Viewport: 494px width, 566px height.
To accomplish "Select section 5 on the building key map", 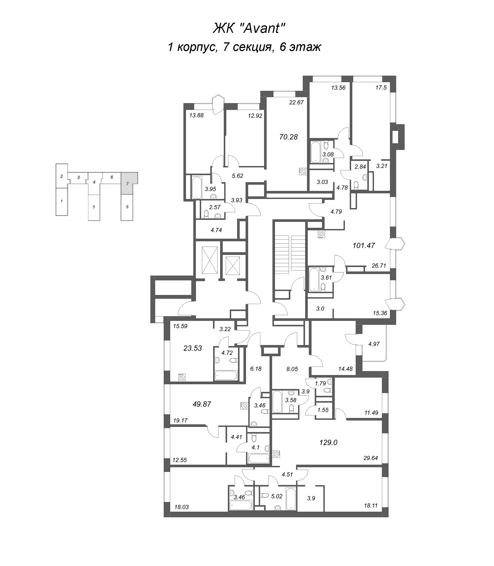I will (x=94, y=207).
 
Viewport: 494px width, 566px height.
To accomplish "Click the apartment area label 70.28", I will (x=288, y=137).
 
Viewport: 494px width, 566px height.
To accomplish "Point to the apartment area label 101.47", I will (x=364, y=245).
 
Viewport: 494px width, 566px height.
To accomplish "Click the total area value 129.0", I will (x=328, y=443).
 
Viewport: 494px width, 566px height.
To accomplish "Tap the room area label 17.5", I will (x=381, y=88).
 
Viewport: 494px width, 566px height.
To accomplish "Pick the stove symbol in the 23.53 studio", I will (x=182, y=377).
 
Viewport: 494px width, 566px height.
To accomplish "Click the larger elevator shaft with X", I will (x=210, y=260).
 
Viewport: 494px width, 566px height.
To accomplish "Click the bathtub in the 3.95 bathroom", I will (x=197, y=187).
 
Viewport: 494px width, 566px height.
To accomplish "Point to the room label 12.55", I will (x=179, y=460).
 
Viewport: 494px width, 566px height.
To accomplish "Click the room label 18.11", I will (x=371, y=506).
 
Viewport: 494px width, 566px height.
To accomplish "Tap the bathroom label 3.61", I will (x=326, y=278).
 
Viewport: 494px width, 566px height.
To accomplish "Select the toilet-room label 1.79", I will (x=320, y=383).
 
